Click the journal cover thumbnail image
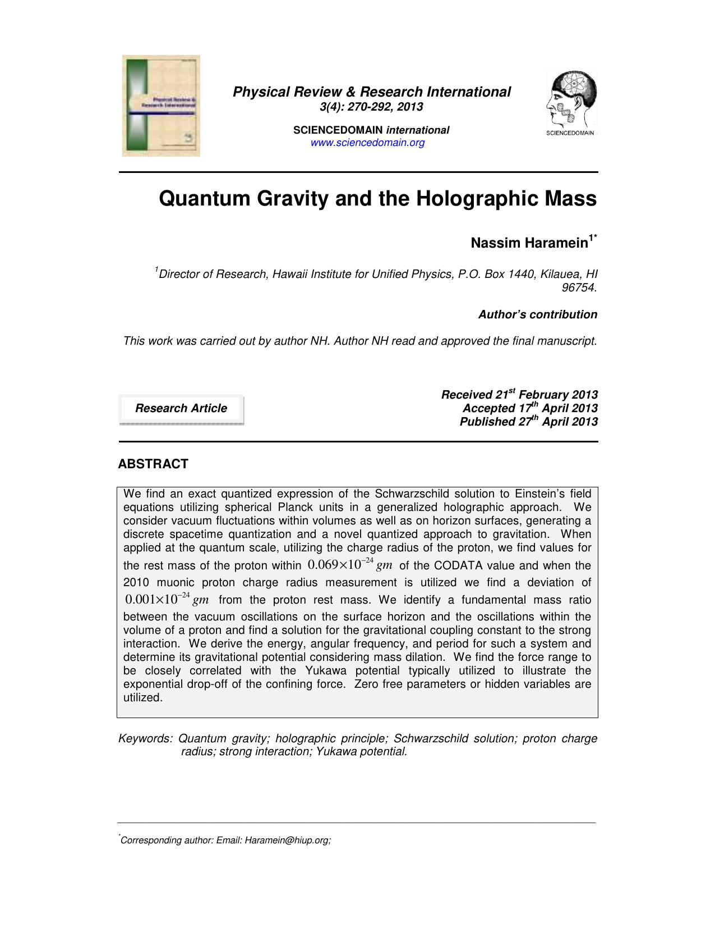pyautogui.click(x=161, y=106)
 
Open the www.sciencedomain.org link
pyautogui.click(x=367, y=143)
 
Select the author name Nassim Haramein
pyautogui.click(x=529, y=243)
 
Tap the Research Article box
pyautogui.click(x=181, y=408)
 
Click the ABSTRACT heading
pyautogui.click(x=153, y=464)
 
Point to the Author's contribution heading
pyautogui.click(x=537, y=314)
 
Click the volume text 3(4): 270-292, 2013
pyautogui.click(x=375, y=107)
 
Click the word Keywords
pyautogui.click(x=145, y=738)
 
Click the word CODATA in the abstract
pyautogui.click(x=459, y=565)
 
